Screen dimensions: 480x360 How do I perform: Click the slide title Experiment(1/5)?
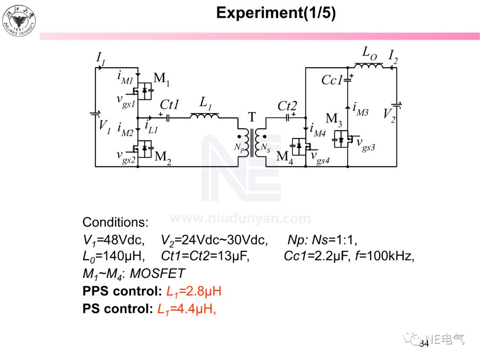coord(276,13)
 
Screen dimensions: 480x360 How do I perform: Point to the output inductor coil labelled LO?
coord(368,66)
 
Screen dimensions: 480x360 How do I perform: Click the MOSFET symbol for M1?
coord(144,91)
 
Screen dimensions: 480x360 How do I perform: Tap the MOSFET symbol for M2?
coord(144,148)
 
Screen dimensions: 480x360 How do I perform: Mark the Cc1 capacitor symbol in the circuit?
coord(348,80)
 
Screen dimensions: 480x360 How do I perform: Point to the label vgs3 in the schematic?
coord(366,144)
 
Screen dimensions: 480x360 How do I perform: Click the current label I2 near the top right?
coord(393,56)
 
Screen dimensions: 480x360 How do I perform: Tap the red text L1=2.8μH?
coord(194,291)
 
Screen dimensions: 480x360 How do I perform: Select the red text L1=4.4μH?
coord(187,309)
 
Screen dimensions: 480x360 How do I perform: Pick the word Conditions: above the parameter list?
coord(116,222)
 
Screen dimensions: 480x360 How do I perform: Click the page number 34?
coord(424,344)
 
